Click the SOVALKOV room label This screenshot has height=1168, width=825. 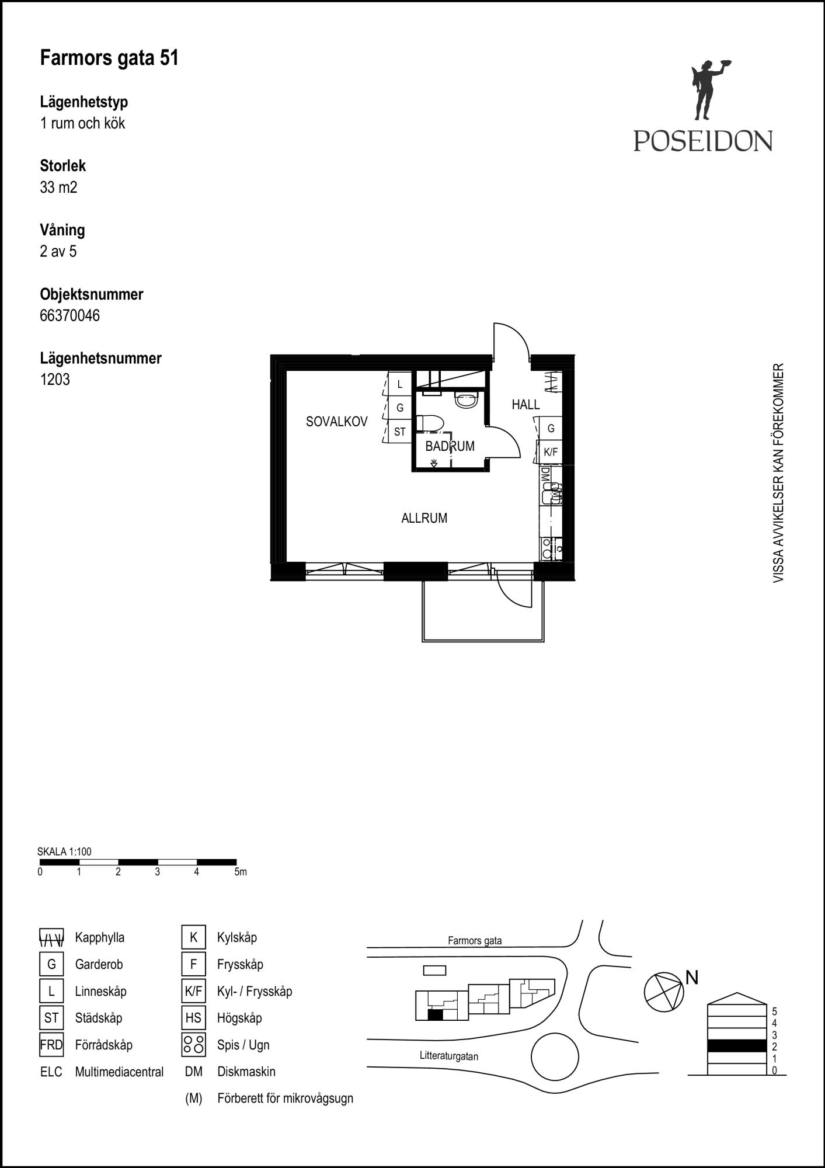336,422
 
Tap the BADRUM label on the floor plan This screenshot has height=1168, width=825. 450,446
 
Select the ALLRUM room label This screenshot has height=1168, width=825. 424,518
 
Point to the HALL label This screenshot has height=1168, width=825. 525,405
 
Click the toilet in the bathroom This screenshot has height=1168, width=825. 430,423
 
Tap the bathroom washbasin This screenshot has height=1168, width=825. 467,400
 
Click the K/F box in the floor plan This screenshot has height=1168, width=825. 551,452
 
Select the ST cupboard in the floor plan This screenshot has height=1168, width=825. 400,432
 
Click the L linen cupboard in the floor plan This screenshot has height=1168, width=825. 400,384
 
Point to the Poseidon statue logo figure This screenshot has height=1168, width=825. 708,91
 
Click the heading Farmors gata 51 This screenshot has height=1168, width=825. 109,58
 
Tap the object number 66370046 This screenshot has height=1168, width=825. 69,315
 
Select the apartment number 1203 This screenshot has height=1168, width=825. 55,380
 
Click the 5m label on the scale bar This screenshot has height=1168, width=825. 241,872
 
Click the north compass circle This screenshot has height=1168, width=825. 664,992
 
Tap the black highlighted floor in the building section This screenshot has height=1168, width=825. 737,1045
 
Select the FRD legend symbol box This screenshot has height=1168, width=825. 51,1045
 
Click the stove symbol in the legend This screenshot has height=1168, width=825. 193,1045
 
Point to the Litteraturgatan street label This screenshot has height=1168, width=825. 449,1056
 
